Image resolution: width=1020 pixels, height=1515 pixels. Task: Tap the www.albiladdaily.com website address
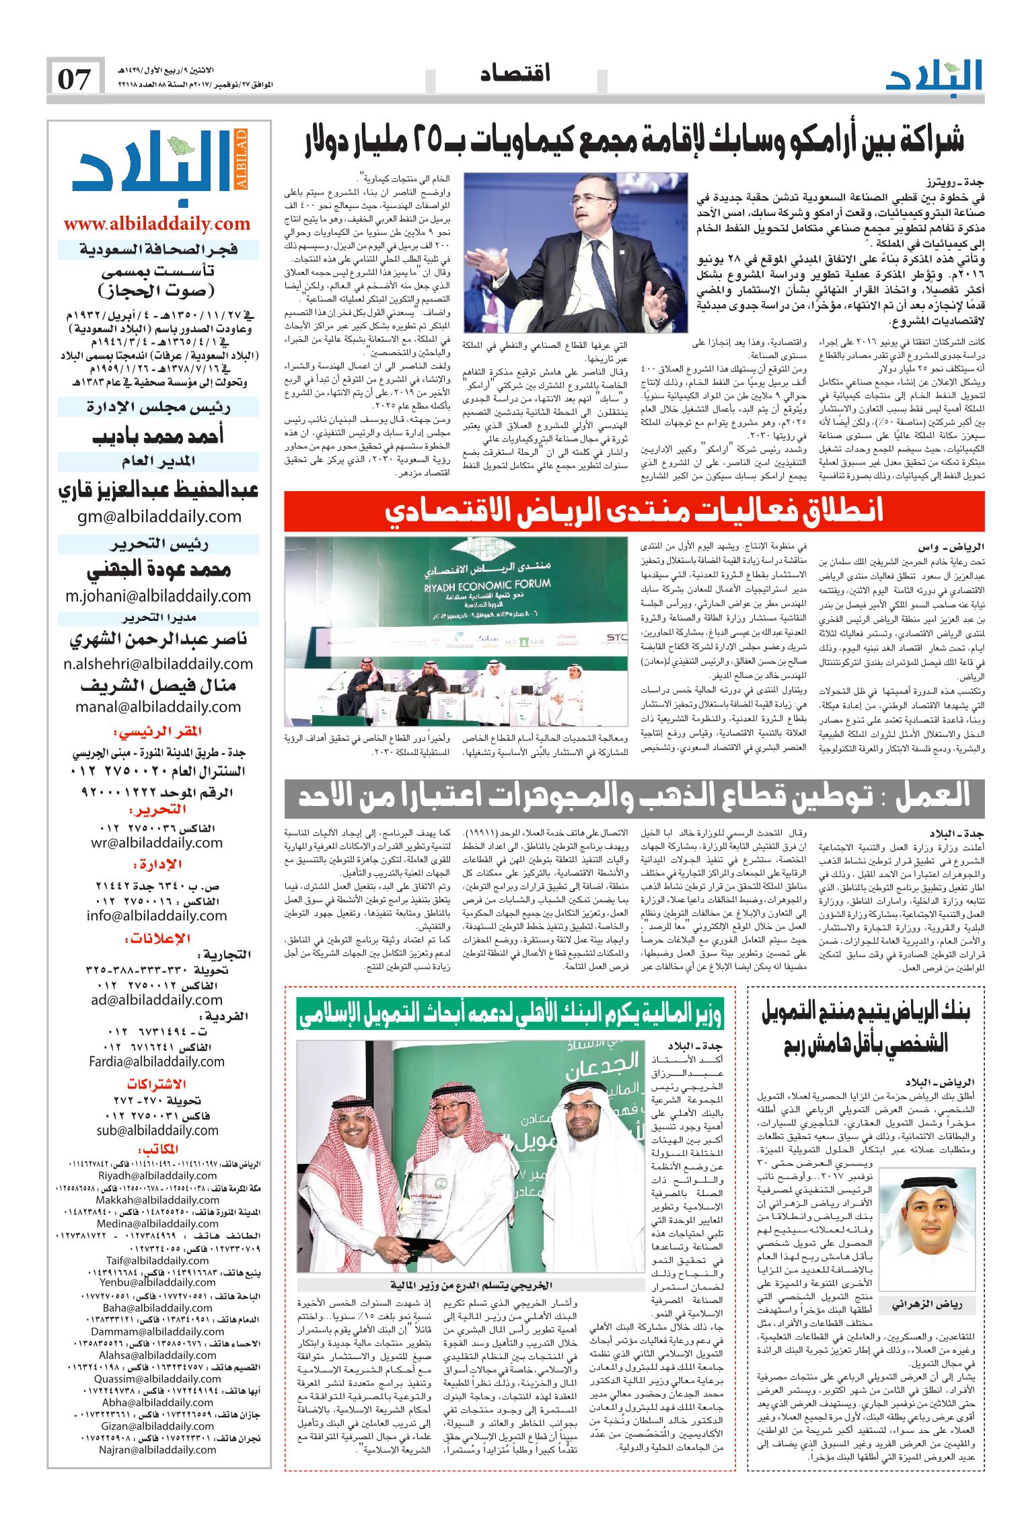point(157,224)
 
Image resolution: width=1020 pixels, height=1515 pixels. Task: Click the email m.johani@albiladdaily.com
point(158,595)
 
